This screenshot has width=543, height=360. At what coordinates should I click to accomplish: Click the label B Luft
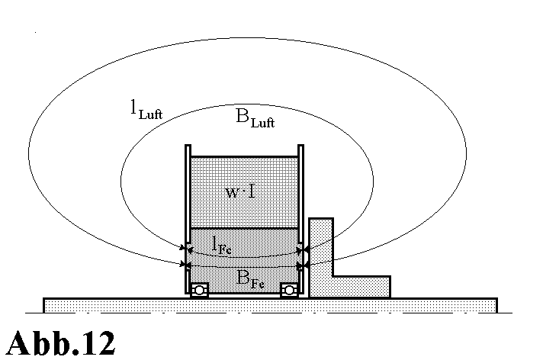point(255,119)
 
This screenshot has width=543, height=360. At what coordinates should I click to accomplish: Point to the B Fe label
point(246,278)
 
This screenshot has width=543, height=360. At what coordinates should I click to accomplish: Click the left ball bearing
point(199,290)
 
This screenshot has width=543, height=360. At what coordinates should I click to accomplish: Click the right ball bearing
point(289,290)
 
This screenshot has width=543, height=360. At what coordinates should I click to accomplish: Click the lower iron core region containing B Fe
point(243,259)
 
